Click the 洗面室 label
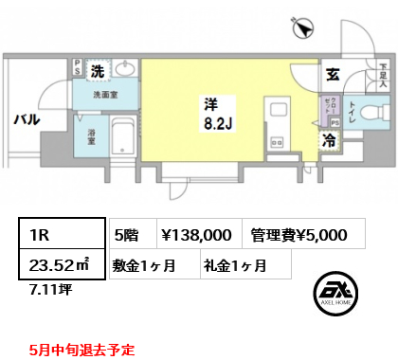coord(103,95)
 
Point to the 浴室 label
coord(94,135)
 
